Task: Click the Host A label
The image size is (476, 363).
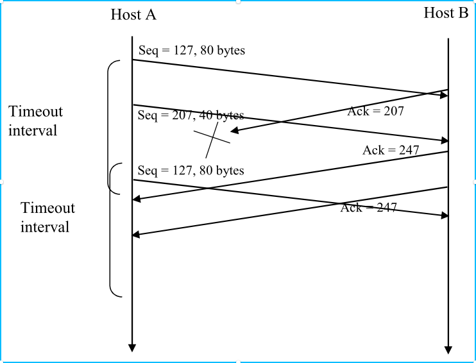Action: pyautogui.click(x=133, y=15)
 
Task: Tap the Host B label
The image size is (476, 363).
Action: pyautogui.click(x=446, y=13)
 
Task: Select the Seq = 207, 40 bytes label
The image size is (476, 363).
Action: pyautogui.click(x=191, y=115)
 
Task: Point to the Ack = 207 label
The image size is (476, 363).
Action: pyautogui.click(x=375, y=111)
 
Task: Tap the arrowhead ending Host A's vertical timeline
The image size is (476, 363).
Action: pyautogui.click(x=132, y=348)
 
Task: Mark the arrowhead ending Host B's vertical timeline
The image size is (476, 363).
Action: pyautogui.click(x=448, y=350)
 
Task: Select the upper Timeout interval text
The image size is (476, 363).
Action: pyautogui.click(x=36, y=121)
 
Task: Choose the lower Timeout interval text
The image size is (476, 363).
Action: pyautogui.click(x=47, y=217)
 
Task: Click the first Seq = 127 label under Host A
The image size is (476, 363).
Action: pyautogui.click(x=191, y=49)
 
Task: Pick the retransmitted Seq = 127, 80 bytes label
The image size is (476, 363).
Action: pyautogui.click(x=191, y=170)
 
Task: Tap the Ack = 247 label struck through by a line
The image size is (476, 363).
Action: pyautogui.click(x=368, y=207)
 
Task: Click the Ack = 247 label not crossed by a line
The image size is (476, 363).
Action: pyautogui.click(x=390, y=150)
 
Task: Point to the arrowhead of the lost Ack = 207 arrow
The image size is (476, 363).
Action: pyautogui.click(x=234, y=131)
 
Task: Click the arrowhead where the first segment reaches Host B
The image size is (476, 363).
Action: pyautogui.click(x=443, y=95)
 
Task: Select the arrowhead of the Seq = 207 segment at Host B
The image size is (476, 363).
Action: pyautogui.click(x=443, y=140)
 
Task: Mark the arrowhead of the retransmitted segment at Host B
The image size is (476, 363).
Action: pyautogui.click(x=443, y=215)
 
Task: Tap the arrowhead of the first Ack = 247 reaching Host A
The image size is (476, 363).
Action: pyautogui.click(x=137, y=199)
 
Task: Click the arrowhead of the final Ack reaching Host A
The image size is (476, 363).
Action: pyautogui.click(x=137, y=235)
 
